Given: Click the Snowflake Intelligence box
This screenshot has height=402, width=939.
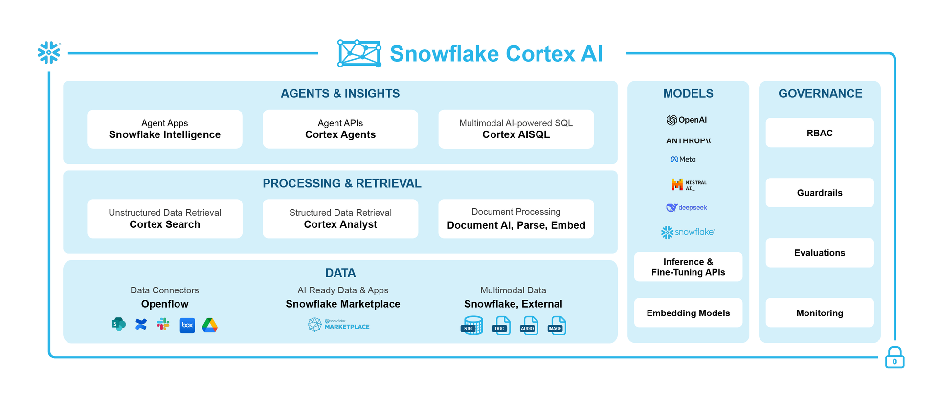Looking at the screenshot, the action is click(x=165, y=129).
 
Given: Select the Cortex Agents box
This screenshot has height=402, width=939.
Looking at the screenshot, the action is click(x=340, y=129).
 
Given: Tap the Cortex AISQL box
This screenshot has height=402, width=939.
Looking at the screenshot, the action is click(x=516, y=129).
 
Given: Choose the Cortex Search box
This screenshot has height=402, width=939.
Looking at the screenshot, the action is click(x=165, y=219).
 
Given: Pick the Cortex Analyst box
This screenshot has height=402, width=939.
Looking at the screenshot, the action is click(x=340, y=219).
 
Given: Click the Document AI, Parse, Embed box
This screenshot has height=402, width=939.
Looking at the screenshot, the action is click(x=516, y=219).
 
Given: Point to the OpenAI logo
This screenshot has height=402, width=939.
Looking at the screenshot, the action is click(x=687, y=120).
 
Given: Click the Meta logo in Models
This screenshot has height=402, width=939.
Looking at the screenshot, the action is click(x=683, y=159).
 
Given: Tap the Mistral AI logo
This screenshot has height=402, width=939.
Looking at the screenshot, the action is click(x=689, y=185).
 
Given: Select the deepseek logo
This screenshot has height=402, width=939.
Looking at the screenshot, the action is click(x=687, y=208).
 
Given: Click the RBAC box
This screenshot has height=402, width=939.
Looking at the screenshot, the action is click(x=820, y=133).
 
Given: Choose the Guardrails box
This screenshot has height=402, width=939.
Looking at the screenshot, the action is click(x=820, y=193).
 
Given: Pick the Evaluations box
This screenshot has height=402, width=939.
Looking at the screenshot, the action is click(x=820, y=253).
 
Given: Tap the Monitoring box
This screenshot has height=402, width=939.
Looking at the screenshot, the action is click(x=820, y=313).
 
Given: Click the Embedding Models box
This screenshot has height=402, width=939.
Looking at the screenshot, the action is click(x=688, y=313).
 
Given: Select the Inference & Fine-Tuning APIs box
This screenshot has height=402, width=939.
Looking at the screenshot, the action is click(x=688, y=267).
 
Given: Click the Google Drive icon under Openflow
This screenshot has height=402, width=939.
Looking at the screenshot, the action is click(x=210, y=325).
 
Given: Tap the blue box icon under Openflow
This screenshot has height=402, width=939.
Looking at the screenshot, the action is click(x=187, y=325).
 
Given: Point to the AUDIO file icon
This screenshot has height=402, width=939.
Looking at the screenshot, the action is click(x=529, y=326).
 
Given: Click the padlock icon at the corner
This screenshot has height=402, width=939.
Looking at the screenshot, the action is click(x=894, y=358).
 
